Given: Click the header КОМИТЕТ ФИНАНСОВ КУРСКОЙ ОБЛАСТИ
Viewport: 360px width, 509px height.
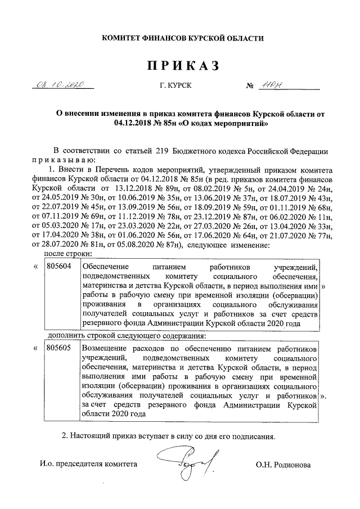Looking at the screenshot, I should [182, 38].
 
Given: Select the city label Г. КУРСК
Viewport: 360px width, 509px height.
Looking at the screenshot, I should [175, 87].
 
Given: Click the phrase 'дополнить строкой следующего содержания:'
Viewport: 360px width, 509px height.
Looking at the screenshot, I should [127, 336].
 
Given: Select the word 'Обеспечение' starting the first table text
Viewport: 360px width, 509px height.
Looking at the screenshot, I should [106, 267].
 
